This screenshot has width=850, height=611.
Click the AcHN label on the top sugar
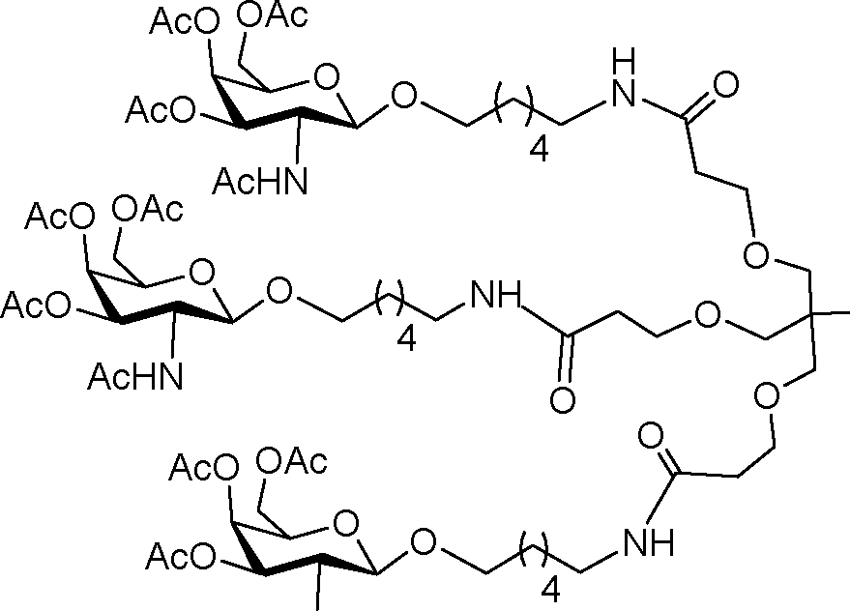[x=260, y=181]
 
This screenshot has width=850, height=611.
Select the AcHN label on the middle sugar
[x=135, y=376]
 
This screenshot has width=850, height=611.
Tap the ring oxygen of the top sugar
[x=328, y=76]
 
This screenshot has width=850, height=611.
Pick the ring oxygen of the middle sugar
[x=202, y=273]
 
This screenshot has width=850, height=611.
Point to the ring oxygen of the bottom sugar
[x=346, y=524]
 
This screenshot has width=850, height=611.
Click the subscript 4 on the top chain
[x=539, y=149]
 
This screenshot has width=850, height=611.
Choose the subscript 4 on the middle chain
[x=406, y=339]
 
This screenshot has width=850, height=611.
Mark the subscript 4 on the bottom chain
[x=550, y=590]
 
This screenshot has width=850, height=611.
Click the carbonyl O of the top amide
[x=725, y=85]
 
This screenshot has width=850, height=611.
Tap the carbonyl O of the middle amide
[x=562, y=400]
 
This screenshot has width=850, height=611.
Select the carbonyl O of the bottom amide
[x=651, y=436]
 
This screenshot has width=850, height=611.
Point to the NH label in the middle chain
[x=496, y=296]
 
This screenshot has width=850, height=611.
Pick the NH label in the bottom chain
[x=648, y=542]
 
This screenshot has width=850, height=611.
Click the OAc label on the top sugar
[x=273, y=15]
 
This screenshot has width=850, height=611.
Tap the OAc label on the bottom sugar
[x=292, y=462]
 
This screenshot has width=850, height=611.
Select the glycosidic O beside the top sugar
[x=404, y=97]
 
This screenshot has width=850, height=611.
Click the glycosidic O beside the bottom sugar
[x=424, y=542]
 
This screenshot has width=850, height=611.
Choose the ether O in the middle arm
[x=708, y=315]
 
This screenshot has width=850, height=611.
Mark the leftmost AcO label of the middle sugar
[x=36, y=305]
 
